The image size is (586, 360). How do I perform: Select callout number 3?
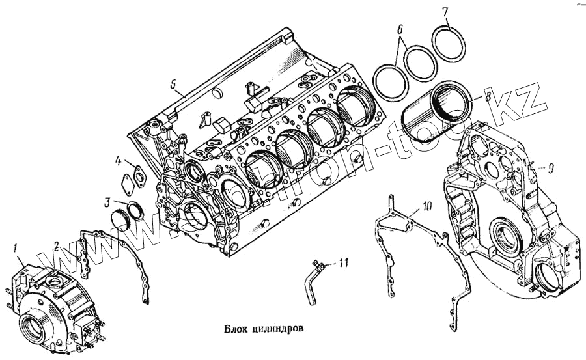click(107, 202)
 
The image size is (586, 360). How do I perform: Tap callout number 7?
click(445, 12)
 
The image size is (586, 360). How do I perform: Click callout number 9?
click(551, 168)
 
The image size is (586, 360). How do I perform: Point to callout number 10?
click(426, 207)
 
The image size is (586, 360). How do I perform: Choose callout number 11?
click(345, 263)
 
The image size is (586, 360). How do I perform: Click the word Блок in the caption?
click(232, 329)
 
